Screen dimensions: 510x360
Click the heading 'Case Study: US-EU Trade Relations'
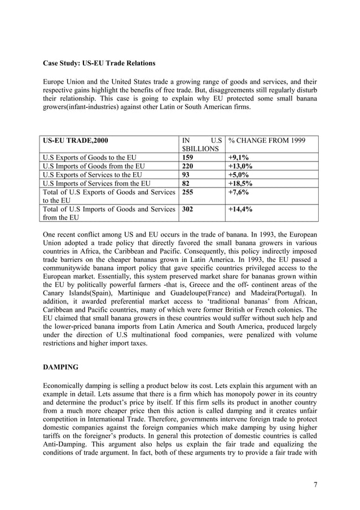pyautogui.click(x=99, y=63)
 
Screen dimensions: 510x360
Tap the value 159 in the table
pyautogui.click(x=188, y=158)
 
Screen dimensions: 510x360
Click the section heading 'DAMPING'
pyautogui.click(x=62, y=367)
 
